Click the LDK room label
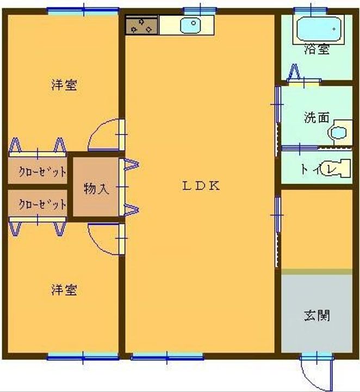point(201,186)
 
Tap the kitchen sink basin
point(190,25)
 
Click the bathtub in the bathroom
point(319,29)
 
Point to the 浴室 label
point(316,49)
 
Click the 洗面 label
point(316,117)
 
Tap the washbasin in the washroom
point(339,132)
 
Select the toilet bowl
point(336,168)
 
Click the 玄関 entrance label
point(317,315)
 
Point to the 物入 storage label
point(96,188)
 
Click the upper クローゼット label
point(43,171)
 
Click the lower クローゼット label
point(43,205)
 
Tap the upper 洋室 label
point(64,85)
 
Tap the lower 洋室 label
point(64,290)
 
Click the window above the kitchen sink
point(200,11)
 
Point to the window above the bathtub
point(311,11)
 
